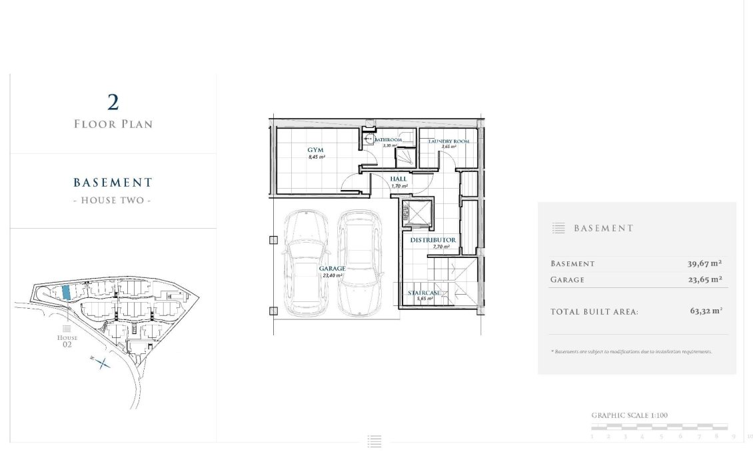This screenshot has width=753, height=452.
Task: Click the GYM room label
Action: (x=315, y=150)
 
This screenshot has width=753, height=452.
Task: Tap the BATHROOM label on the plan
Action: (x=387, y=140)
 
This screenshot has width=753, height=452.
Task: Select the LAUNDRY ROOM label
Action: (x=448, y=141)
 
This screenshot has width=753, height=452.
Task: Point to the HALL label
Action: (x=398, y=179)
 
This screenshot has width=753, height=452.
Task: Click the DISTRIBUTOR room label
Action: (x=432, y=239)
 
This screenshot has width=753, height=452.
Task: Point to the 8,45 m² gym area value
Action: (x=316, y=158)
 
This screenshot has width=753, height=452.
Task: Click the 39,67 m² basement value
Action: (x=705, y=263)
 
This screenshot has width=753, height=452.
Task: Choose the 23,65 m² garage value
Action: (x=705, y=279)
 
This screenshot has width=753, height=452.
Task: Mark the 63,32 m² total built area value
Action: (x=706, y=311)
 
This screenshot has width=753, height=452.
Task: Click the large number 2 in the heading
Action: (x=113, y=103)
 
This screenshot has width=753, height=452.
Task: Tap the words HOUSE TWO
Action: (x=113, y=200)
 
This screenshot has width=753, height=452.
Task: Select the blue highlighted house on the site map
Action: (x=66, y=292)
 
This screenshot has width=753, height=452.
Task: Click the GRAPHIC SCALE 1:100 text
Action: (x=629, y=415)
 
